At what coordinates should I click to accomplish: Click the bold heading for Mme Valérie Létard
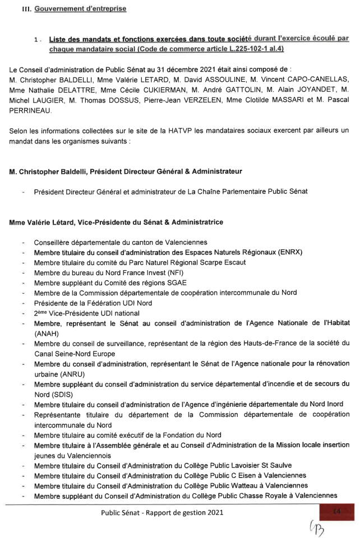tap(116, 222)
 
